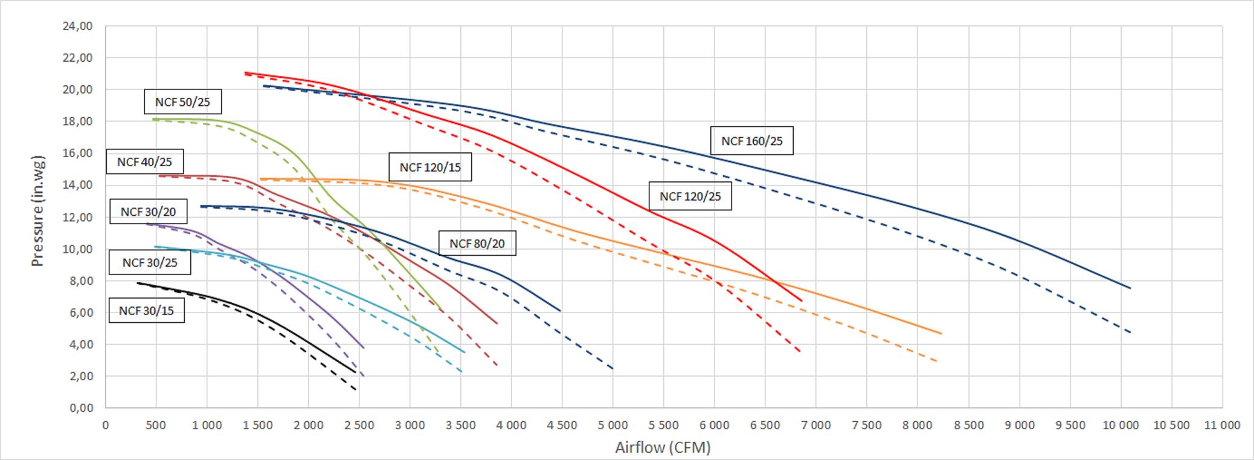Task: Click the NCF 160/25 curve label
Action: tap(751, 141)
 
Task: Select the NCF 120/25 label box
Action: tap(690, 196)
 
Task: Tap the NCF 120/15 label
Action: tap(429, 167)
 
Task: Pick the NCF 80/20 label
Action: tap(477, 244)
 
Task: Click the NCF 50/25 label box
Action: tap(182, 102)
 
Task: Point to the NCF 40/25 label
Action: tap(144, 162)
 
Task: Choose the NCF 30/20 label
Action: tap(148, 212)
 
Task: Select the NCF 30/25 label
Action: tap(150, 262)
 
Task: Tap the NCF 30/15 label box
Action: tap(146, 311)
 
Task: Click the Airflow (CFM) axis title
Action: tap(663, 447)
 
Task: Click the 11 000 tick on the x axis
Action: tap(1221, 425)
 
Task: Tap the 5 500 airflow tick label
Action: tap(663, 425)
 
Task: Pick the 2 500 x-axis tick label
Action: tap(359, 425)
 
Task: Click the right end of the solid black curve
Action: tap(355, 372)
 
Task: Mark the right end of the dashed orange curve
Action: tap(937, 361)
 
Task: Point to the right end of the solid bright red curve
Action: tap(802, 300)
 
